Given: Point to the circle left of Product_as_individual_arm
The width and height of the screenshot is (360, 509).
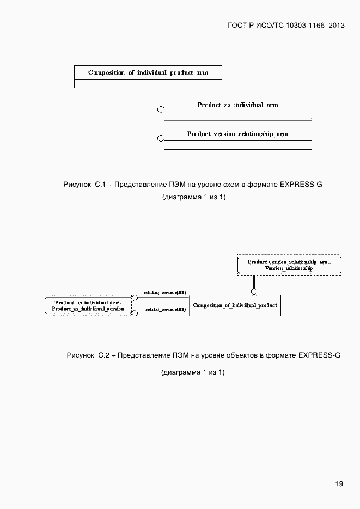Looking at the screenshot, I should pyautogui.click(x=161, y=109).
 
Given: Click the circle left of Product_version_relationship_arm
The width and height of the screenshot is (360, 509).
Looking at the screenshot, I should pyautogui.click(x=161, y=138).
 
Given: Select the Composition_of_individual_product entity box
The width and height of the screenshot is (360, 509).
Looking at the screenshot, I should pyautogui.click(x=235, y=305).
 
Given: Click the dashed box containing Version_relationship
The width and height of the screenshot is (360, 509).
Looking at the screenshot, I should pyautogui.click(x=289, y=265).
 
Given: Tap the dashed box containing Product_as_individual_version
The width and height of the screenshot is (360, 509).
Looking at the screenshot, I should pyautogui.click(x=88, y=305).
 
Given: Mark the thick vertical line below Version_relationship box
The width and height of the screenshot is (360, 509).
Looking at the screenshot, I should pyautogui.click(x=254, y=283).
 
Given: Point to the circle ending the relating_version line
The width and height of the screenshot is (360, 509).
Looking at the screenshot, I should pyautogui.click(x=135, y=298).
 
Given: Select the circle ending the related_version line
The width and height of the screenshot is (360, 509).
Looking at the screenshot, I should pyautogui.click(x=135, y=314).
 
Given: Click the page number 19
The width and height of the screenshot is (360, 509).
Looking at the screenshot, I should pyautogui.click(x=339, y=483).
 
